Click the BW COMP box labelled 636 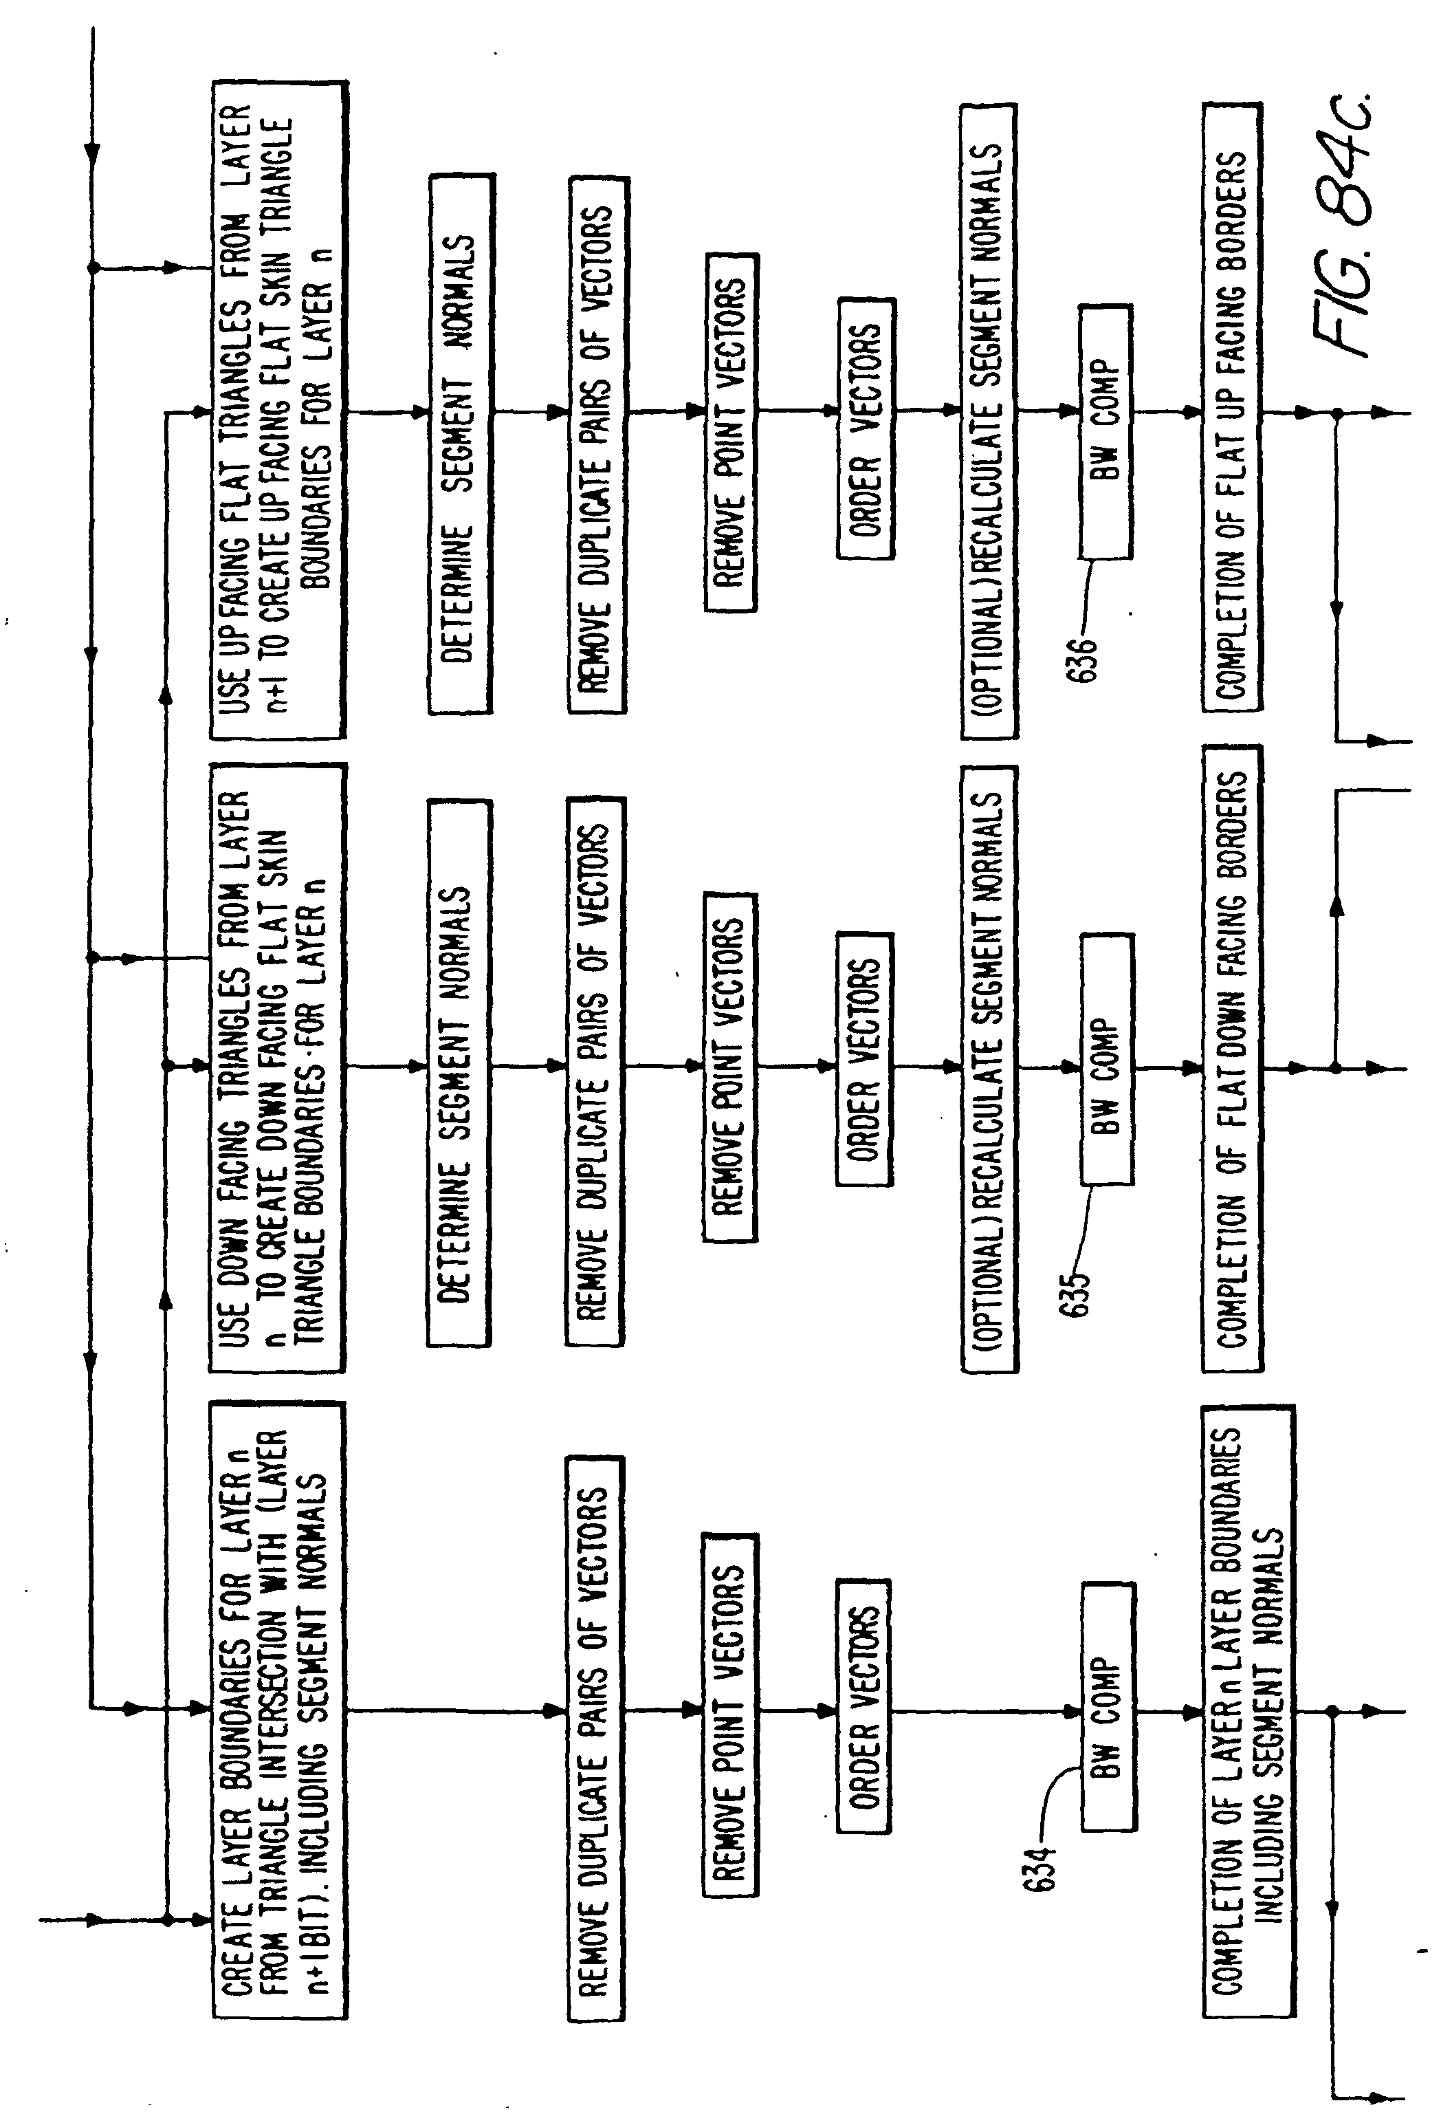[1105, 432]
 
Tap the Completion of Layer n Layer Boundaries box [1247, 1710]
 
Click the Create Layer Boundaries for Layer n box [278, 1710]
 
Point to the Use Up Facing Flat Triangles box [278, 409]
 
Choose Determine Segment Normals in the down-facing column [459, 1073]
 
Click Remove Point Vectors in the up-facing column [731, 432]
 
